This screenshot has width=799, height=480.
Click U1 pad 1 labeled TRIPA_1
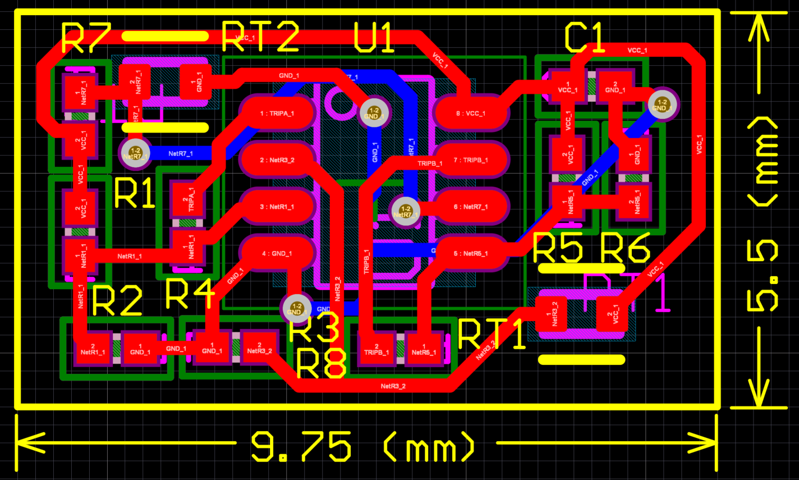tap(277, 113)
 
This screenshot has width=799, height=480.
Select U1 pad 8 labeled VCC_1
tap(471, 113)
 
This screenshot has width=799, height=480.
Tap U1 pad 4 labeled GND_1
tap(277, 254)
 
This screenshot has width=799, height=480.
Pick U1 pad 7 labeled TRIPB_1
tap(471, 161)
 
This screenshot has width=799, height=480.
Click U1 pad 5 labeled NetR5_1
tap(471, 254)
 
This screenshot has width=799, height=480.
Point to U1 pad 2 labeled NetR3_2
tap(277, 161)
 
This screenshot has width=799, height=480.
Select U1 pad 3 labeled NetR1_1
tap(277, 207)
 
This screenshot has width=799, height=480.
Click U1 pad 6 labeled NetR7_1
tap(471, 207)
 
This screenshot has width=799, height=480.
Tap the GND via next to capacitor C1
tap(663, 104)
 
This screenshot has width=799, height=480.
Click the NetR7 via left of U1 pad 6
tap(405, 212)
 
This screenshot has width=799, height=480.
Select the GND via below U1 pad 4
tap(296, 309)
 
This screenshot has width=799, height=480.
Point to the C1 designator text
tap(584, 38)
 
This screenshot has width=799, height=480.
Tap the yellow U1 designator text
tap(374, 38)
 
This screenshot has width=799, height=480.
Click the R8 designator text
tap(321, 363)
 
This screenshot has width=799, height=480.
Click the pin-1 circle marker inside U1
tap(340, 102)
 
